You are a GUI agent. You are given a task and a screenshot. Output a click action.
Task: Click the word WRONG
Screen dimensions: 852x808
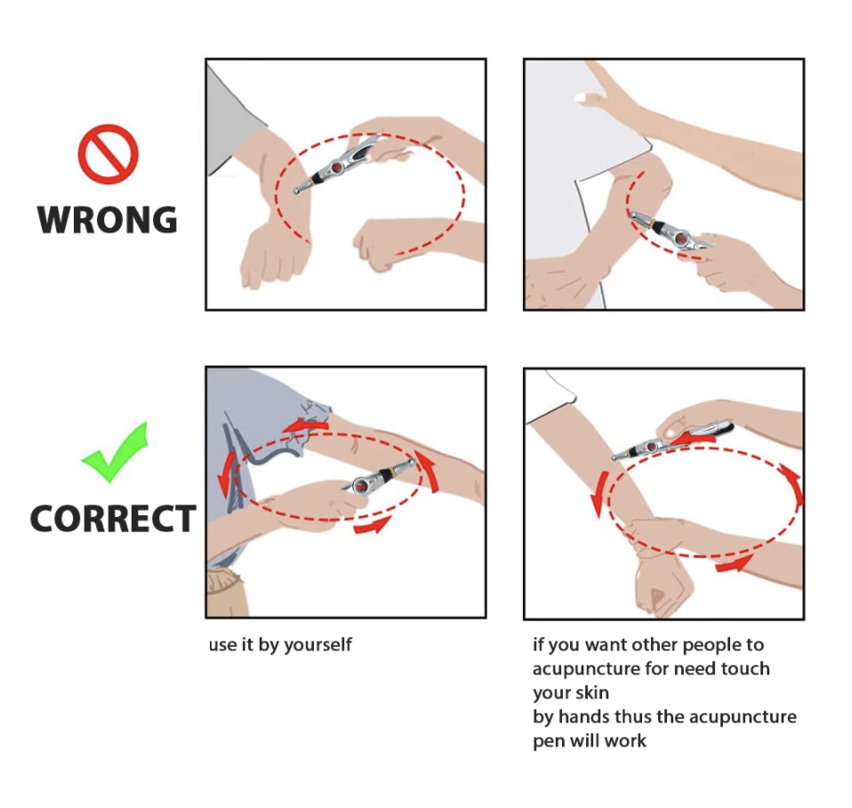tap(108, 220)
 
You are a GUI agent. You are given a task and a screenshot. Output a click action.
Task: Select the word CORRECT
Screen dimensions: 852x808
tap(112, 518)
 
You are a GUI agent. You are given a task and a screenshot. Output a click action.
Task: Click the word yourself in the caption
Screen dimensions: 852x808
tap(317, 645)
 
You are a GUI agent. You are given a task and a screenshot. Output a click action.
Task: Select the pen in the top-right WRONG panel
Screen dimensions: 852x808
tap(671, 231)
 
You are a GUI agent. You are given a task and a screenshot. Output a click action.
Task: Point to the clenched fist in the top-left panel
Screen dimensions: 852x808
tap(378, 243)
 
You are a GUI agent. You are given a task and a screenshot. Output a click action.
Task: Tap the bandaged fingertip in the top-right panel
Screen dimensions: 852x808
tap(582, 97)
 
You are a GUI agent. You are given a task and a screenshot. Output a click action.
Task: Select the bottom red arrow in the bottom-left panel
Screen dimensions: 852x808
tap(373, 526)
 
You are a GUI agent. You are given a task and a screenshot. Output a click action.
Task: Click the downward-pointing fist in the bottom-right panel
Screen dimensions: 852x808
tap(663, 586)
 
